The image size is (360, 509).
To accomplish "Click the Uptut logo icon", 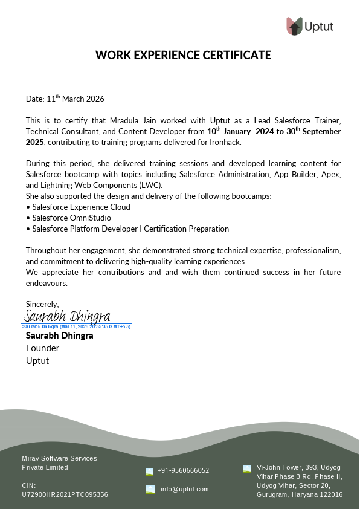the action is pos(294,26).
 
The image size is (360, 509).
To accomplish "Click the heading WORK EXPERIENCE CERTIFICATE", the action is pos(183,56).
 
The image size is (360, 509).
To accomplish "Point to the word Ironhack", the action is pos(225,142).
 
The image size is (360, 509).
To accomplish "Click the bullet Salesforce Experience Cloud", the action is pos(81,207).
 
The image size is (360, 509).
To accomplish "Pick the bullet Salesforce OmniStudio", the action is pos(71,218).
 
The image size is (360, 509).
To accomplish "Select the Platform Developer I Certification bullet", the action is pos(130,229).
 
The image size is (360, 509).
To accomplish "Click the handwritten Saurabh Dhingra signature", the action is pos(67,316).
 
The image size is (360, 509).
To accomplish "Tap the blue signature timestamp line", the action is pos(77,326).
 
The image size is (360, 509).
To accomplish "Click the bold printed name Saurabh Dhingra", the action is pos(59,335).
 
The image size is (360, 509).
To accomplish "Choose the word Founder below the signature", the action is pos(42,348).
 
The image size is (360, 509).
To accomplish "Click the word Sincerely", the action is pos(42,304).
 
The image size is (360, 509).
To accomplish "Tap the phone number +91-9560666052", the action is pos(183,470).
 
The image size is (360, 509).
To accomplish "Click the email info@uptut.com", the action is pos(184,489).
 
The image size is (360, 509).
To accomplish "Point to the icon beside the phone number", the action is pos(149,471).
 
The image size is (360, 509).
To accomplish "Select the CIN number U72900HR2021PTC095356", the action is pos(65,494).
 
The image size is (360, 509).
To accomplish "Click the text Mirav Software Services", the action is pos(59,458).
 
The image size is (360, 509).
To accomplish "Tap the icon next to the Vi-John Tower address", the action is pos(247,468).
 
